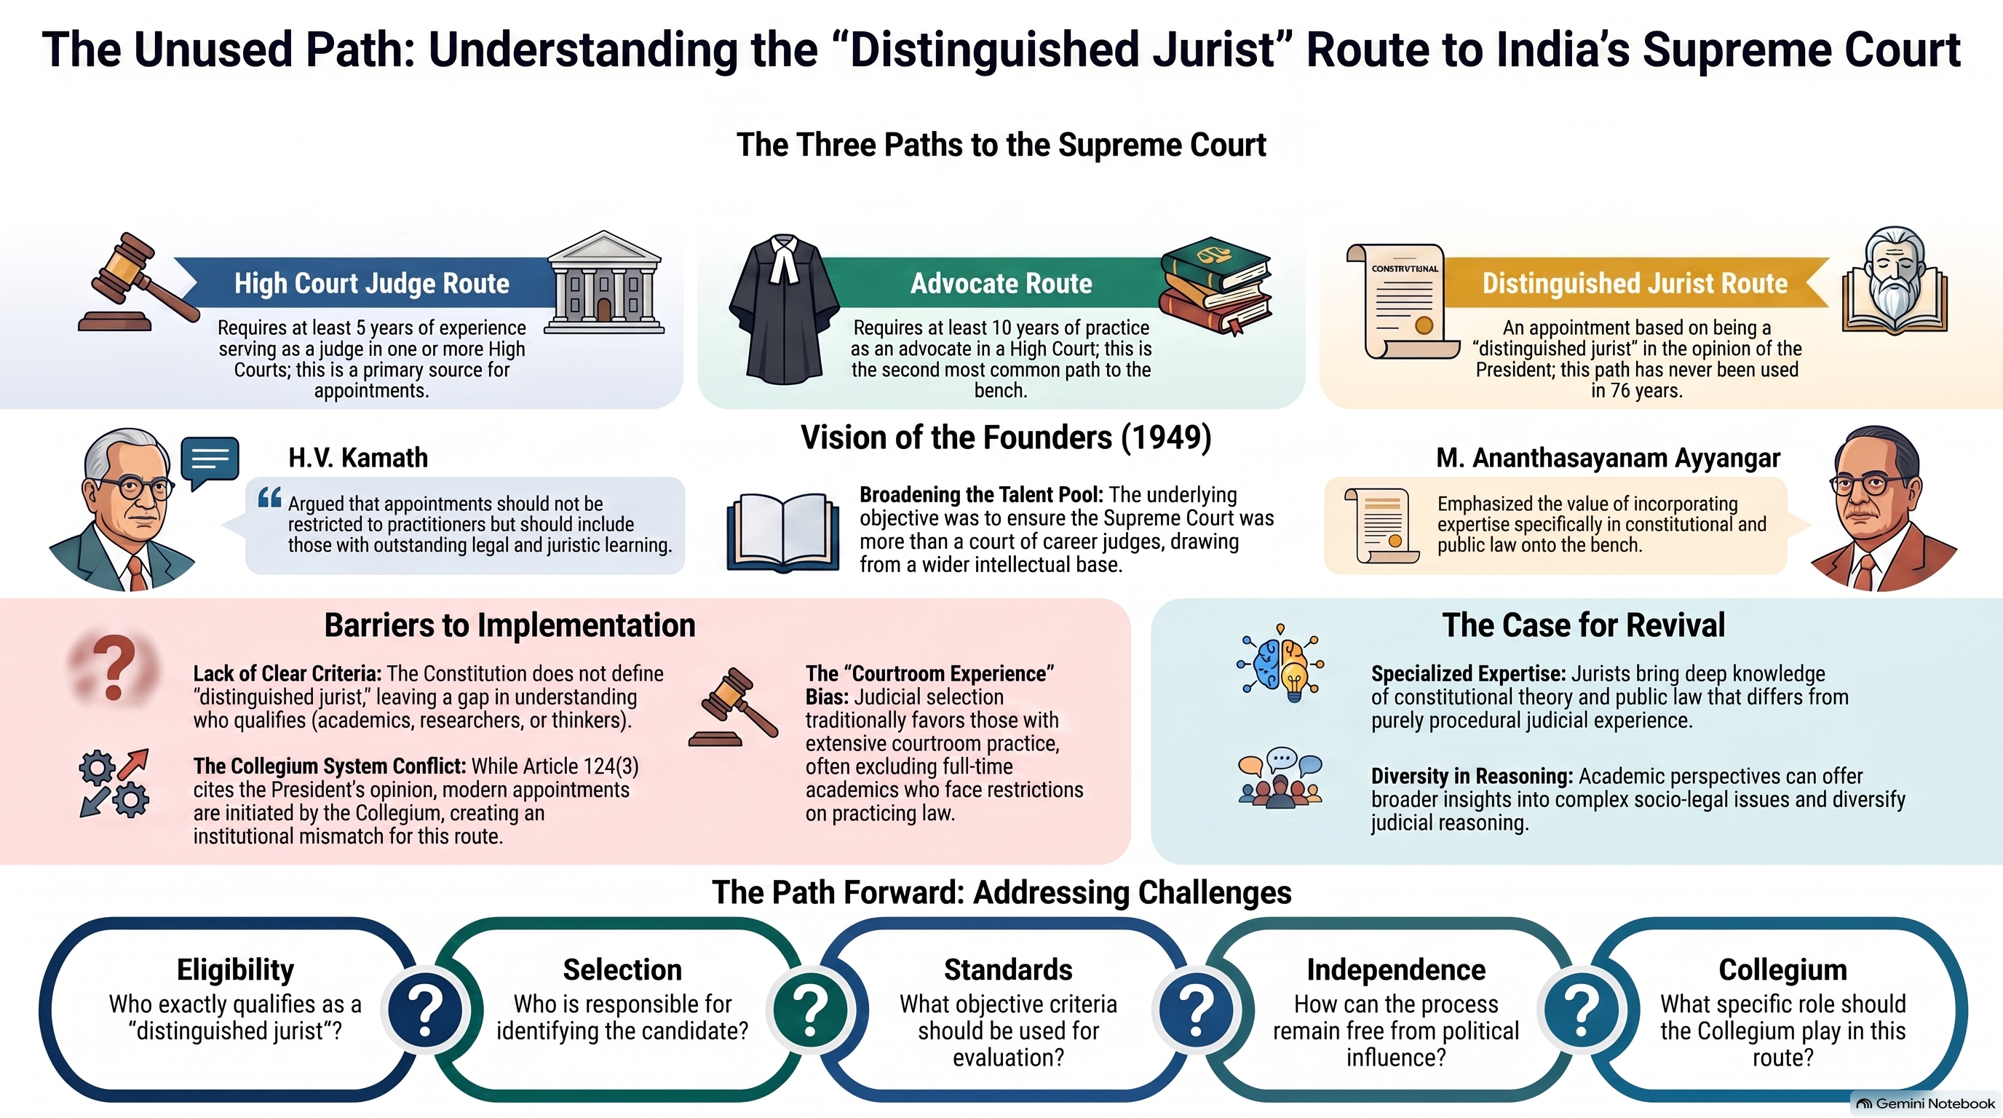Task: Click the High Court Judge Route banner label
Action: coord(372,283)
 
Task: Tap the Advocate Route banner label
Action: coord(1001,283)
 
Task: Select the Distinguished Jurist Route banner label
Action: coord(1635,283)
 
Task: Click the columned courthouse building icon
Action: coord(604,282)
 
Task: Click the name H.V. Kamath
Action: coord(357,458)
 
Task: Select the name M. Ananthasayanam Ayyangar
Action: coord(1608,458)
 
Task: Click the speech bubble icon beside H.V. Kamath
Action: coord(209,461)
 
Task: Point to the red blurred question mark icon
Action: coord(114,666)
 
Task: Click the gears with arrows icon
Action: coord(114,783)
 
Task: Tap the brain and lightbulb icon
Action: coord(1280,662)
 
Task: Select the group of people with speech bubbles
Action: coord(1280,778)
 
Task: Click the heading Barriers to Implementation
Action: coord(509,625)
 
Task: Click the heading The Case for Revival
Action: coord(1583,625)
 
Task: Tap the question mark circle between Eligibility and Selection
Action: coord(425,1010)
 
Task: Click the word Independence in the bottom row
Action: coord(1396,970)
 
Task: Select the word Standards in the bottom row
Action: coord(1008,970)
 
